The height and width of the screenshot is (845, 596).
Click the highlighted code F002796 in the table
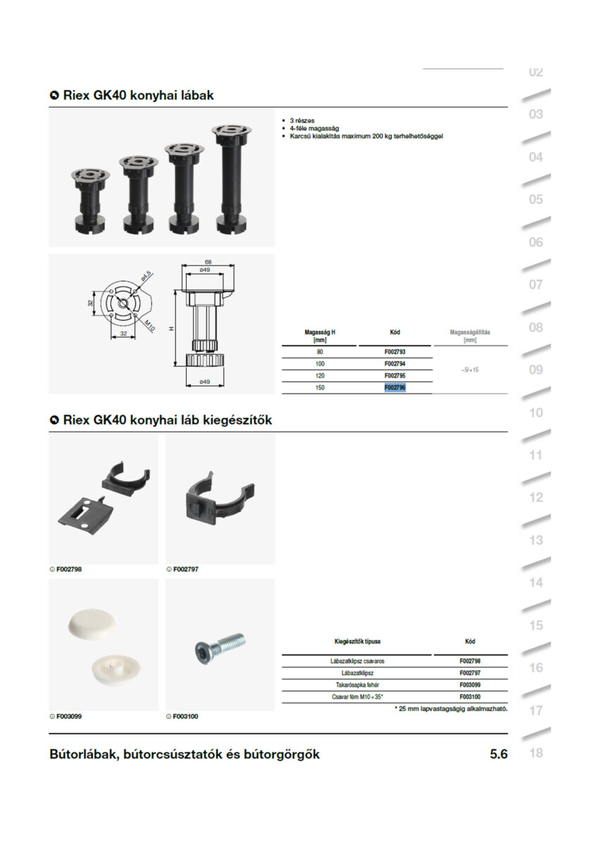coord(395,387)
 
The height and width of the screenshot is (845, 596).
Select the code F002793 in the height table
coord(395,351)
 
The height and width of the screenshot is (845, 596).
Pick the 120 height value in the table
coord(320,376)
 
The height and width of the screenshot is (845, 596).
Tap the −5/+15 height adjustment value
coord(470,370)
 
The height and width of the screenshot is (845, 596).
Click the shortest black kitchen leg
coord(91,200)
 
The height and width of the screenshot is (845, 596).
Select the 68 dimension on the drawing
coord(208,261)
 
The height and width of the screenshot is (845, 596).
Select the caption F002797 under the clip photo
coord(185,569)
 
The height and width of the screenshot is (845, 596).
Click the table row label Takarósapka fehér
coord(356,684)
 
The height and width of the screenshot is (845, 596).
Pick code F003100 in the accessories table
coord(470,696)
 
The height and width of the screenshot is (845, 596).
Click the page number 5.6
coord(498,754)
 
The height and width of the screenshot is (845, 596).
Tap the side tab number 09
coord(535,370)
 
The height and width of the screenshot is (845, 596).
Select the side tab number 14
coord(535,582)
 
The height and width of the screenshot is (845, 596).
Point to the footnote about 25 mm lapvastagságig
coord(451,708)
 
